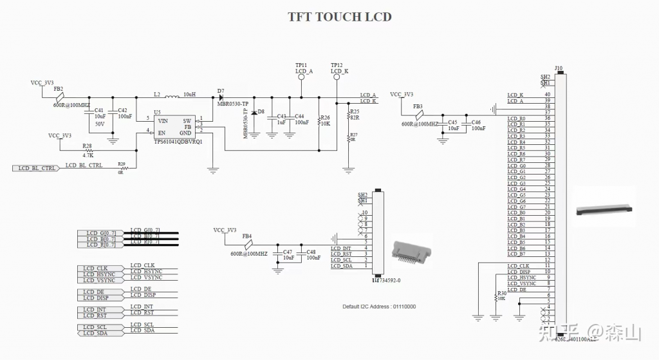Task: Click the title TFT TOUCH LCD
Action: (x=339, y=17)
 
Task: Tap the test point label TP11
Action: (x=301, y=65)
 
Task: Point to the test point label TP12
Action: (x=337, y=65)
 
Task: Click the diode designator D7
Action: (x=220, y=91)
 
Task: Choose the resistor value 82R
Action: (x=355, y=118)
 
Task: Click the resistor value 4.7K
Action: (x=88, y=155)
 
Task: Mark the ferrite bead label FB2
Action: (x=58, y=88)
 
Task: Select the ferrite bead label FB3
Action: (x=418, y=106)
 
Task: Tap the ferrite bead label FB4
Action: (x=246, y=236)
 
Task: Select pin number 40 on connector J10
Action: (x=547, y=95)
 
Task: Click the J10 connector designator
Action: (x=558, y=68)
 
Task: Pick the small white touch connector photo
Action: (x=411, y=256)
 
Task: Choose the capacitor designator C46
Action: (x=476, y=122)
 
